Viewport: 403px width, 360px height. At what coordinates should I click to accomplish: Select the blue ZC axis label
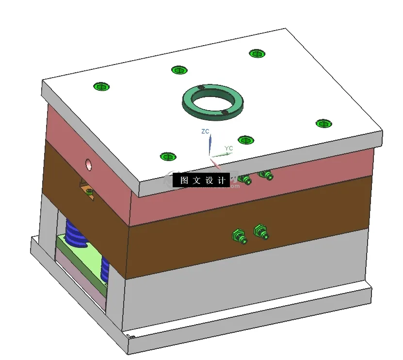click(x=205, y=131)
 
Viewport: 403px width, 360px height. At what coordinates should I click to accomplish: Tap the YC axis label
click(x=228, y=148)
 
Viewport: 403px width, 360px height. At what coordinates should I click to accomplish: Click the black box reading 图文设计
click(x=201, y=180)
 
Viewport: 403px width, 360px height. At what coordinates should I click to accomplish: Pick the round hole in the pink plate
click(x=89, y=164)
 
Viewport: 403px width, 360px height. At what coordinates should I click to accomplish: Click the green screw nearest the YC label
click(x=246, y=140)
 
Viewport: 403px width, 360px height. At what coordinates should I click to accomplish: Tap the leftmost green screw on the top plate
click(x=101, y=87)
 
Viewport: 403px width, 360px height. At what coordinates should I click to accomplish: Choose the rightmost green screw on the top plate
click(x=323, y=123)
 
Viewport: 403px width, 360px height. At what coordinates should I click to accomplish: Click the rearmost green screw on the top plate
click(x=257, y=53)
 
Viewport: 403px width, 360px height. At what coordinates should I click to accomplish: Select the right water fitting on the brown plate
click(x=261, y=231)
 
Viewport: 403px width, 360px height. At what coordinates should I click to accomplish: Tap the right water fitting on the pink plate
click(x=265, y=174)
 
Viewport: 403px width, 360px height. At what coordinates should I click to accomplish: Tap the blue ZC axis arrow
click(x=210, y=145)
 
